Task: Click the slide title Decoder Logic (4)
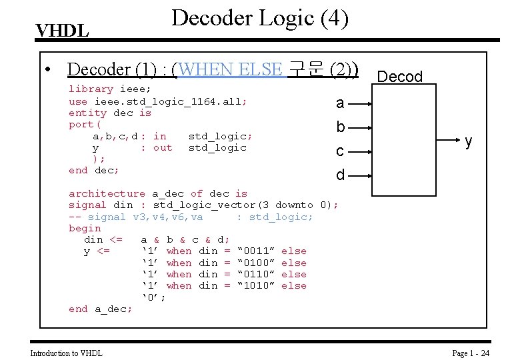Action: pos(259,17)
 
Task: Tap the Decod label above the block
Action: pos(400,77)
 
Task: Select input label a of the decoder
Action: pos(340,103)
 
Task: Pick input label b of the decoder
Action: pos(340,127)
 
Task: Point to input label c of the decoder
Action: pos(340,151)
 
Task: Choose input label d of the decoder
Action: pos(340,175)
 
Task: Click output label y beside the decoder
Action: pos(469,141)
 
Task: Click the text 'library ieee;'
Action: pos(110,89)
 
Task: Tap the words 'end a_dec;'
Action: pos(100,309)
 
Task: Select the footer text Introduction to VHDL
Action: pos(67,353)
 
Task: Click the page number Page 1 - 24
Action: pos(471,353)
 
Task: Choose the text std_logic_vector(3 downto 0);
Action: pos(245,205)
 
